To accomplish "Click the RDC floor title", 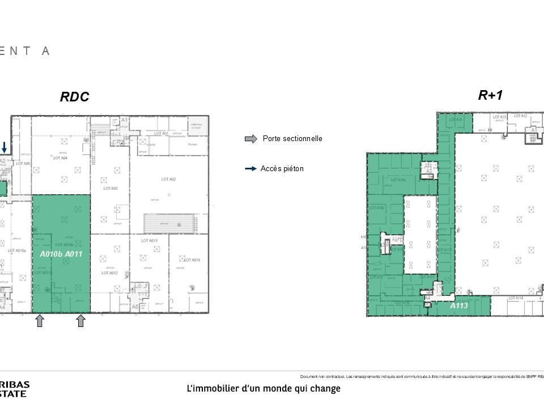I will coord(75,97).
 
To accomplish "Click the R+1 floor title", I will coord(490,95).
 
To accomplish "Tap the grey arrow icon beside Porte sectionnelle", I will coord(250,139).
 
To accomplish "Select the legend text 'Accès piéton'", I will coord(282,169).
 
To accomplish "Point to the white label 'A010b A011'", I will coord(61,254).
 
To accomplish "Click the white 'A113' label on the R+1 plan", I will coord(459,305).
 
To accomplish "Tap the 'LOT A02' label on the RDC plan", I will coord(168,180).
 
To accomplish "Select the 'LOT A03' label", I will coord(110,188).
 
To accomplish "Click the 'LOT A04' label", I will coord(60,158).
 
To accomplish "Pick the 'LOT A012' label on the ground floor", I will coord(109,273).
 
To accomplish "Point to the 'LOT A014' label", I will coord(192,260).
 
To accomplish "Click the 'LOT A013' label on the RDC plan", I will coord(149,241).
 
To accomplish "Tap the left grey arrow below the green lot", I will coord(40,321).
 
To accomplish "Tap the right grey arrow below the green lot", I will coord(80,321).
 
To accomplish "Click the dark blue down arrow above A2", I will coord(5,147).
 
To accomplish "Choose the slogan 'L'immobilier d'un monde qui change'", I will coord(263,389).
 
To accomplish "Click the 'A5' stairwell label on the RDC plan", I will coord(135,307).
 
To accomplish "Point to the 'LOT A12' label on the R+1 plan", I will coord(520,116).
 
